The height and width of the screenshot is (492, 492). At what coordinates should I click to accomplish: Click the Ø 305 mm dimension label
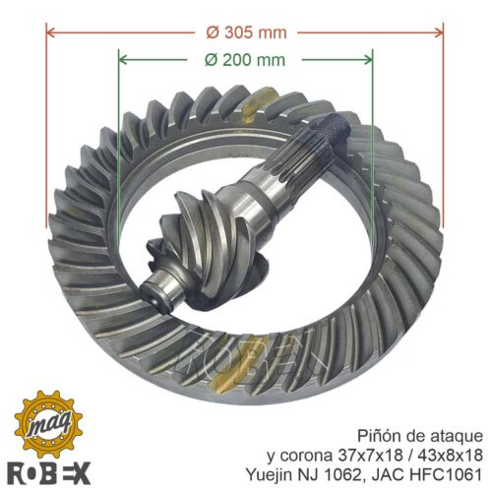[x=246, y=32]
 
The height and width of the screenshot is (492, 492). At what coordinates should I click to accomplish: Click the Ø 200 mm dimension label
[x=245, y=60]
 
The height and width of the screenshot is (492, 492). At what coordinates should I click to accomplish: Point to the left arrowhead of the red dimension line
[x=52, y=32]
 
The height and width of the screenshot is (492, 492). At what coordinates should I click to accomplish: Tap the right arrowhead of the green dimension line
[x=367, y=59]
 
